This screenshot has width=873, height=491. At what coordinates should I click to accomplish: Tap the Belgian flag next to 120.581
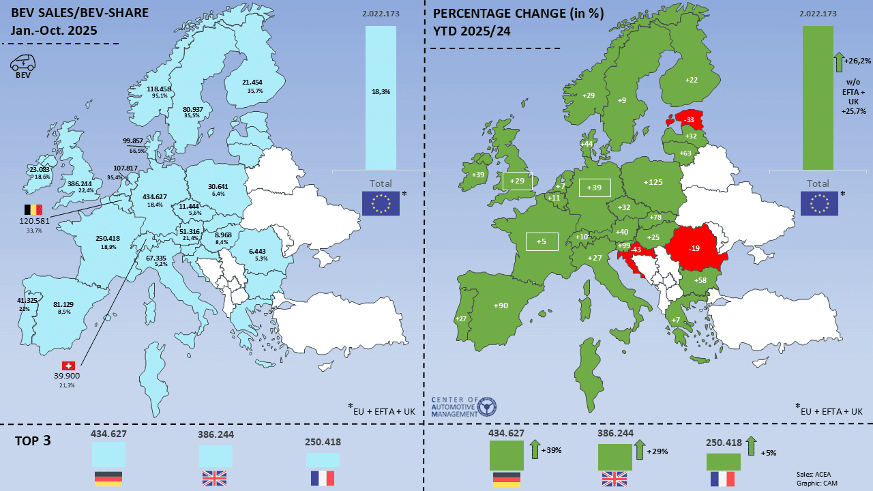[33, 209]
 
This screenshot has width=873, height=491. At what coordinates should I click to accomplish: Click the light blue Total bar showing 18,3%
[381, 98]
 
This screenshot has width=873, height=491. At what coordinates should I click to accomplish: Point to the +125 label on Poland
[653, 182]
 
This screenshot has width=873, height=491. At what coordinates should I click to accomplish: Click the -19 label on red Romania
[694, 248]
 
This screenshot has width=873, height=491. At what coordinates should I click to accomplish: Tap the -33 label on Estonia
[690, 119]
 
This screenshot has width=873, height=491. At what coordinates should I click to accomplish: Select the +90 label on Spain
[501, 306]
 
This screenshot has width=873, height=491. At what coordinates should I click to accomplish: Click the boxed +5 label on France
[542, 241]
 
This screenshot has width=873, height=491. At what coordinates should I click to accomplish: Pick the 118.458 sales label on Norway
[159, 89]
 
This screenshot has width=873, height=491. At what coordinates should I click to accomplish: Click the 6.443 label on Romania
[258, 251]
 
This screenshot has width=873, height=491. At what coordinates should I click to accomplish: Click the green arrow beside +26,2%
[838, 62]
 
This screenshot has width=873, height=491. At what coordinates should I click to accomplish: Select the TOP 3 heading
[33, 441]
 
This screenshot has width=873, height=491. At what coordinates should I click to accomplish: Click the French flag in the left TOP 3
[323, 478]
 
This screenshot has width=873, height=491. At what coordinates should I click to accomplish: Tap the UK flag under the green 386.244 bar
[615, 479]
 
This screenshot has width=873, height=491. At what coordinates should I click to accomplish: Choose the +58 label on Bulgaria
[700, 281]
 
